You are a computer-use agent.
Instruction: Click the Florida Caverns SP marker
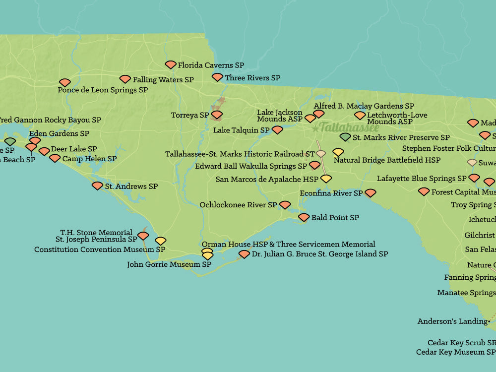[x=171, y=64]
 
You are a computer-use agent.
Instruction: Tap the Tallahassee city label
[x=349, y=127]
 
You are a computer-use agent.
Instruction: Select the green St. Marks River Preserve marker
[x=345, y=137]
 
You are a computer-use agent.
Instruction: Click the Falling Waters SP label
[x=163, y=79]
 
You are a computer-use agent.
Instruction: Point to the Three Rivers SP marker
[x=217, y=77]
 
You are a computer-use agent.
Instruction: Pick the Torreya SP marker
[x=217, y=115]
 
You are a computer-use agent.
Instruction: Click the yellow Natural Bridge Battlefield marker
[x=338, y=152]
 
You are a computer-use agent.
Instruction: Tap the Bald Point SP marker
[x=304, y=217]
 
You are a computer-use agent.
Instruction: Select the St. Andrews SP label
[x=131, y=186]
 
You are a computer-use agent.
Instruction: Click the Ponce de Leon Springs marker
[x=64, y=82]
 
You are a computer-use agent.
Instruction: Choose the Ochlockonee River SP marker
[x=285, y=205]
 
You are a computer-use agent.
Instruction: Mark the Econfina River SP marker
[x=371, y=193]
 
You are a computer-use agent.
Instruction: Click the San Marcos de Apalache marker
[x=326, y=179]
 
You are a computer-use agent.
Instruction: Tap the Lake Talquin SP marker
[x=277, y=130]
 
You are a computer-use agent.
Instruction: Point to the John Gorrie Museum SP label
[x=169, y=264]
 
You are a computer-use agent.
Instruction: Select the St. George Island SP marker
[x=244, y=254]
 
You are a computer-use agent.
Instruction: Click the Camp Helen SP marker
[x=55, y=158]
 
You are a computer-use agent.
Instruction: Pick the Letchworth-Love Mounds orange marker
[x=360, y=116]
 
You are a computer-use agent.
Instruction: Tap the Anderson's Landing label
[x=452, y=321]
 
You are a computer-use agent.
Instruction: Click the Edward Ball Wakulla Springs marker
[x=314, y=165]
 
